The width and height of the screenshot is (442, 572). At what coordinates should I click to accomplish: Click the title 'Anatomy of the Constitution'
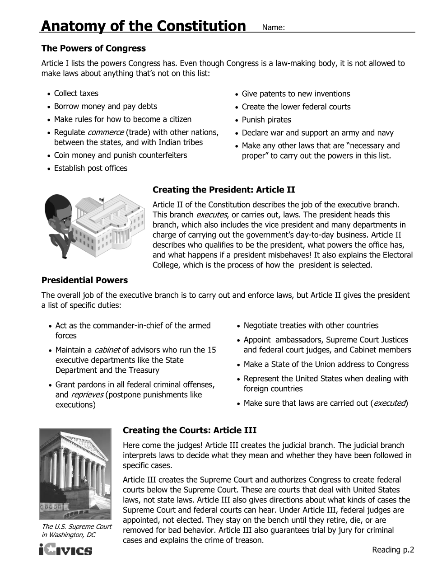[x=143, y=26]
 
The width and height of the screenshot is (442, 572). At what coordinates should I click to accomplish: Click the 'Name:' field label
[x=273, y=28]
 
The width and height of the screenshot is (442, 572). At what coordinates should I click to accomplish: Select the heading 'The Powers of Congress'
[x=93, y=48]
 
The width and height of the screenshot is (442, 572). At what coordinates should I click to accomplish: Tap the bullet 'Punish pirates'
[x=266, y=120]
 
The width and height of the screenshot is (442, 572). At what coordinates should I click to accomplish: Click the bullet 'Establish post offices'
[x=91, y=168]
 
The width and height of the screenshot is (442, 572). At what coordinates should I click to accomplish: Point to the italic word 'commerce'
[x=105, y=132]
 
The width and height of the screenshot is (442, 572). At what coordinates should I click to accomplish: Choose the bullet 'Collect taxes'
[x=76, y=94]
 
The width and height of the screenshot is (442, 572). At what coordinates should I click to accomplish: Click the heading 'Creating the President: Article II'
[x=224, y=190]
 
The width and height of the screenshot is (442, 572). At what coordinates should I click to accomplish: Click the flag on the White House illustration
[x=101, y=199]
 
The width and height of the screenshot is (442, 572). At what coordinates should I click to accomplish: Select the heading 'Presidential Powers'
[x=84, y=280]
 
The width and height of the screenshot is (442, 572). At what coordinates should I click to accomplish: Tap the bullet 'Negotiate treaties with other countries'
[x=311, y=325]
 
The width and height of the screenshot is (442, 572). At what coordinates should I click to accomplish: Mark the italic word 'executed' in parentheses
[x=389, y=403]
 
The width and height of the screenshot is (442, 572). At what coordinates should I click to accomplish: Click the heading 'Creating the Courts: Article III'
[x=190, y=430]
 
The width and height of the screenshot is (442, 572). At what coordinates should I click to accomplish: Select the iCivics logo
[x=66, y=551]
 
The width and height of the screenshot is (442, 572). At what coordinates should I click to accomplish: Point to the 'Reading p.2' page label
[x=393, y=550]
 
